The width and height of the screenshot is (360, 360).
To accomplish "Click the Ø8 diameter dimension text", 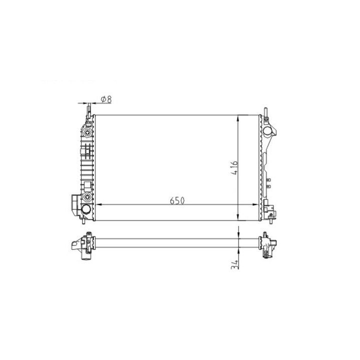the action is coord(106,99).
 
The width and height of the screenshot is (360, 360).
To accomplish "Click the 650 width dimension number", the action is coord(177,201).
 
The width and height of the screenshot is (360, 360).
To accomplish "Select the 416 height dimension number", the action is coord(234,168).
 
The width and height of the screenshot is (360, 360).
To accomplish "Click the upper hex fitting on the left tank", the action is coord(87,132).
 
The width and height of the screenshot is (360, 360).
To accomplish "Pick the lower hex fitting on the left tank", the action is coord(87,197).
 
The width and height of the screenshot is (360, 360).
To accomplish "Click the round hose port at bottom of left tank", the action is coord(86,208).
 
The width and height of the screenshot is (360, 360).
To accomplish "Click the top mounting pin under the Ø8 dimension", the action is coord(89,110).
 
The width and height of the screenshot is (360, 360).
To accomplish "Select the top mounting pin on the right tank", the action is coord(265,112).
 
